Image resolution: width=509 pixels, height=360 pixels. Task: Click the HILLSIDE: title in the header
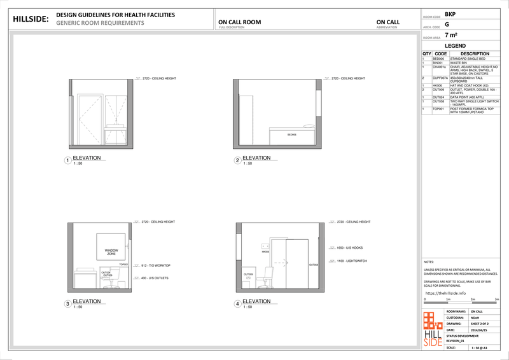[x=31, y=19]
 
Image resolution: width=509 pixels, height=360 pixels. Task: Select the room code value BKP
[x=450, y=13]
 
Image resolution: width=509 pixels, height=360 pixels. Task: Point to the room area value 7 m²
[x=451, y=36]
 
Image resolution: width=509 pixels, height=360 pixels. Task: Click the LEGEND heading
[x=456, y=46]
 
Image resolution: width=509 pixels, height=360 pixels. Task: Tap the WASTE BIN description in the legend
[x=459, y=63]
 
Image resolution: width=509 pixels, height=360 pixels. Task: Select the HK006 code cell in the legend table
[x=438, y=85]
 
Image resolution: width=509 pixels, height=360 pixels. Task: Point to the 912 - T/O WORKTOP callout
[x=155, y=265]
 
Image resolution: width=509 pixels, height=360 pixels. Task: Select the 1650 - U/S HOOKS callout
[x=349, y=247]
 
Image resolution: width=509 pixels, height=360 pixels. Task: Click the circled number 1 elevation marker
[x=67, y=161]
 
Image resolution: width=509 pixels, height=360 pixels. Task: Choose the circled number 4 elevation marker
[x=237, y=304]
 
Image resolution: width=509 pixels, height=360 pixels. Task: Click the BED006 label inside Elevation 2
[x=291, y=135]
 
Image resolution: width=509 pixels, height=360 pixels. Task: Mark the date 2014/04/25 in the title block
[x=478, y=330]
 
